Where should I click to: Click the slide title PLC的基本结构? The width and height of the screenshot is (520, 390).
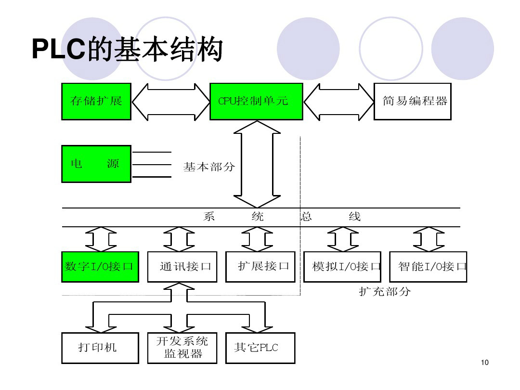(x=127, y=49)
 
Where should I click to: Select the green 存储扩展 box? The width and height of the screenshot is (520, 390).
(x=96, y=101)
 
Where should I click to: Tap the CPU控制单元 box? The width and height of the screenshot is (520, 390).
(x=256, y=101)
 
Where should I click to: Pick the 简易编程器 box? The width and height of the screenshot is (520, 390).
(x=413, y=101)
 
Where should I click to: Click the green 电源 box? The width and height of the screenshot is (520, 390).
(x=96, y=164)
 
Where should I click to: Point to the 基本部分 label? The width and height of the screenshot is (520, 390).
(x=209, y=167)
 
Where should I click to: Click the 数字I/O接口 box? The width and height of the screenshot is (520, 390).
(x=100, y=266)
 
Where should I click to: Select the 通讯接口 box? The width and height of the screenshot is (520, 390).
(x=185, y=266)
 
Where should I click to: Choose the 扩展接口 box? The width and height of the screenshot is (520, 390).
(x=260, y=266)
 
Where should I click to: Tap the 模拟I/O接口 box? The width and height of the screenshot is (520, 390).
(x=342, y=266)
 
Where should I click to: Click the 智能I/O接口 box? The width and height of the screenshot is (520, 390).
(x=428, y=266)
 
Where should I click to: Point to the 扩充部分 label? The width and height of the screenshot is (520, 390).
(x=385, y=291)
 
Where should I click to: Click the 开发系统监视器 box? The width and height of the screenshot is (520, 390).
(x=182, y=348)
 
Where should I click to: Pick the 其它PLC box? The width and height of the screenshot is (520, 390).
(x=260, y=348)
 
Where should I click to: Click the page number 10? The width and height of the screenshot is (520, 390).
(x=484, y=363)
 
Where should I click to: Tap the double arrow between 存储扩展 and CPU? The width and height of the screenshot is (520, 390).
(x=170, y=101)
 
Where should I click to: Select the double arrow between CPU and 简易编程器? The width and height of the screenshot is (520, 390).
(x=338, y=101)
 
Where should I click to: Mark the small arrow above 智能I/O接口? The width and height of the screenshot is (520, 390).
(x=429, y=239)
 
